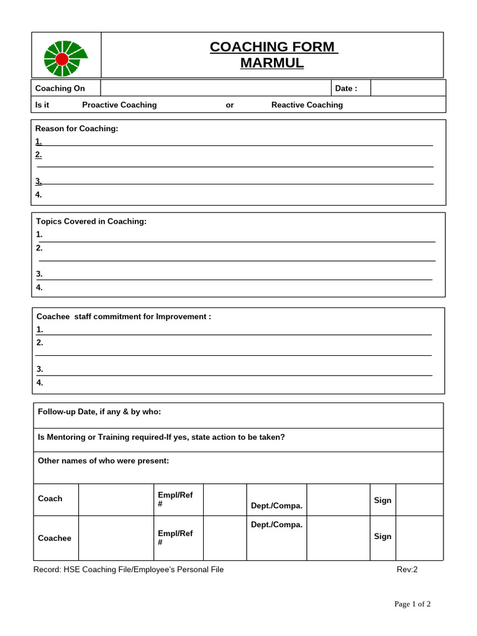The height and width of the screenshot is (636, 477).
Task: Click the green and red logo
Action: point(64,58)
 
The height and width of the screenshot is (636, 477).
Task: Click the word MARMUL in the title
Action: point(272,63)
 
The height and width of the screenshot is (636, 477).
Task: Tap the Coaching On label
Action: point(60,88)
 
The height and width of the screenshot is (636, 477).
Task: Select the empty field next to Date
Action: point(407,88)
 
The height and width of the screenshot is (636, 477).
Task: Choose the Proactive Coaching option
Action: point(119,105)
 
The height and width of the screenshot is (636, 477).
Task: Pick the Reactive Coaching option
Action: point(307,105)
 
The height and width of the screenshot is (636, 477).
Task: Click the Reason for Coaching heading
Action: point(76,129)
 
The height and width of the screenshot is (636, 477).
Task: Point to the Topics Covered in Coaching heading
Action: point(91,221)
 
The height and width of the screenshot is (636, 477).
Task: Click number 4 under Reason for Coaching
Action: point(39,194)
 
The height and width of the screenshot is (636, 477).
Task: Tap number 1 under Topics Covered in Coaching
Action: point(39,234)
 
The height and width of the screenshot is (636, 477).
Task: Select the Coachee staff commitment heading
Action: point(124,317)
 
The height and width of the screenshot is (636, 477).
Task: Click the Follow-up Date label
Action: point(99,412)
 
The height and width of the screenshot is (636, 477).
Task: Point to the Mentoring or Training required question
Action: point(161,437)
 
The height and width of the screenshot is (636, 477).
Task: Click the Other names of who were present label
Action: point(103,461)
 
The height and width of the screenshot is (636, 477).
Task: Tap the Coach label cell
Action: point(50,499)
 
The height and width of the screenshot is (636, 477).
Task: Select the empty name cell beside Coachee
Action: point(116,538)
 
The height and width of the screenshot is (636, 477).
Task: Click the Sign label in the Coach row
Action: point(383,500)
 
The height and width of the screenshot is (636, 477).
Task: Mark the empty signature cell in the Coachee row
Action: point(419,538)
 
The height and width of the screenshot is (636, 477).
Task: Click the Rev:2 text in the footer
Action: point(407,570)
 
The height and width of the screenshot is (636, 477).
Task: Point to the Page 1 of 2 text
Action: point(412,604)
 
